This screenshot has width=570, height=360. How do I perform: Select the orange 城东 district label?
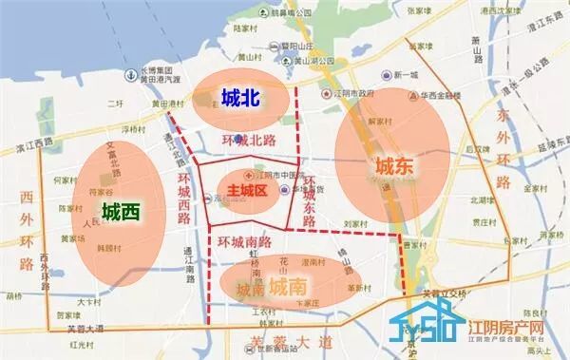pos(394,166)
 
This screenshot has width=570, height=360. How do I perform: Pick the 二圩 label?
pos(115,104)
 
